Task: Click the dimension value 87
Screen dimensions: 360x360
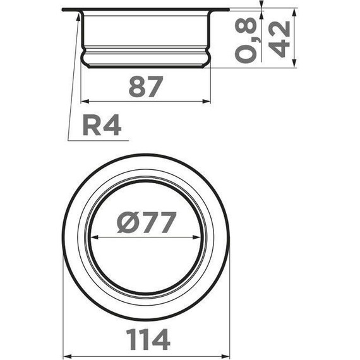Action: (x=146, y=87)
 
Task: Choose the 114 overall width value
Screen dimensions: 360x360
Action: (x=146, y=340)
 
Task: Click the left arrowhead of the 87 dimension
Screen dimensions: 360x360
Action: (x=86, y=101)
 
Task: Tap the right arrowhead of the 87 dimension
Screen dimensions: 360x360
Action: (x=207, y=101)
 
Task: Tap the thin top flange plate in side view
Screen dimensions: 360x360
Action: (x=146, y=9)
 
